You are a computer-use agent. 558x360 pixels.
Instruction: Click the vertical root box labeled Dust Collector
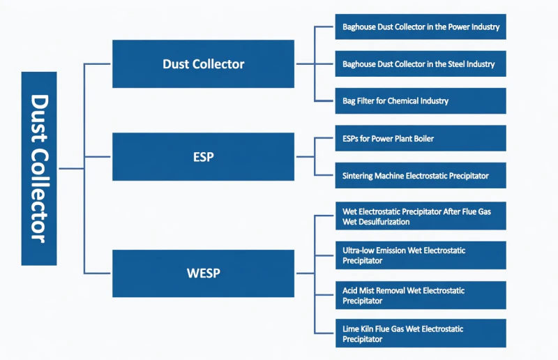(39, 168)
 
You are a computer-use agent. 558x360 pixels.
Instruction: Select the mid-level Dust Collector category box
(203, 64)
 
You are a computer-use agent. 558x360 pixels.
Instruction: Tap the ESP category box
(203, 157)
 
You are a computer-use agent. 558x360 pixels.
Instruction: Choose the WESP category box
(203, 273)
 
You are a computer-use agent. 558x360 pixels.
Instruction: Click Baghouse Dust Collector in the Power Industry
(420, 27)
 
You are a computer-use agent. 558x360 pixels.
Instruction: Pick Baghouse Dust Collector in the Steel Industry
(420, 64)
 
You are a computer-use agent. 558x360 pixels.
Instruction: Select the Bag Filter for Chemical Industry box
(420, 100)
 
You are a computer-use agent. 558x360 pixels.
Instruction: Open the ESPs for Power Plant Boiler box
(420, 139)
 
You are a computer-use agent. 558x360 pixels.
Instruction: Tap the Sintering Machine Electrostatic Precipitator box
(420, 176)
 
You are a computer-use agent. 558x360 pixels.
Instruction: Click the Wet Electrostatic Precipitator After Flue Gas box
(420, 216)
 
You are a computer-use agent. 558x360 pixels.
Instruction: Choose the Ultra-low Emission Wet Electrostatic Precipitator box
(420, 255)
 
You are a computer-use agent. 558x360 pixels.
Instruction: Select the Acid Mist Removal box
(420, 295)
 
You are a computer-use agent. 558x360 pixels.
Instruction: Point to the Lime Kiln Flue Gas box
(420, 333)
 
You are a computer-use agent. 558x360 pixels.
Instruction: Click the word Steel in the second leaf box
(456, 64)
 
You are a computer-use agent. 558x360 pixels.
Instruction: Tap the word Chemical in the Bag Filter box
(404, 100)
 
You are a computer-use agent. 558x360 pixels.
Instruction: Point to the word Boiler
(421, 139)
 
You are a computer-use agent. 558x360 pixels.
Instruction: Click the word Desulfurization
(383, 222)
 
